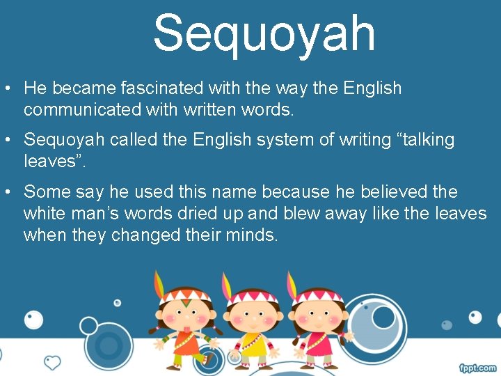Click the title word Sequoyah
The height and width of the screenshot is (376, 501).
(x=264, y=33)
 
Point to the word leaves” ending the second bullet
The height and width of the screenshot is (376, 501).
(x=57, y=162)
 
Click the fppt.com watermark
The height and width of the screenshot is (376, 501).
(x=477, y=367)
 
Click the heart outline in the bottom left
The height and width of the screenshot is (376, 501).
(x=52, y=362)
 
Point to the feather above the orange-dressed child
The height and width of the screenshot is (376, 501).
(x=160, y=283)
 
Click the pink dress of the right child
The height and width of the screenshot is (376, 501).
(x=318, y=345)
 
